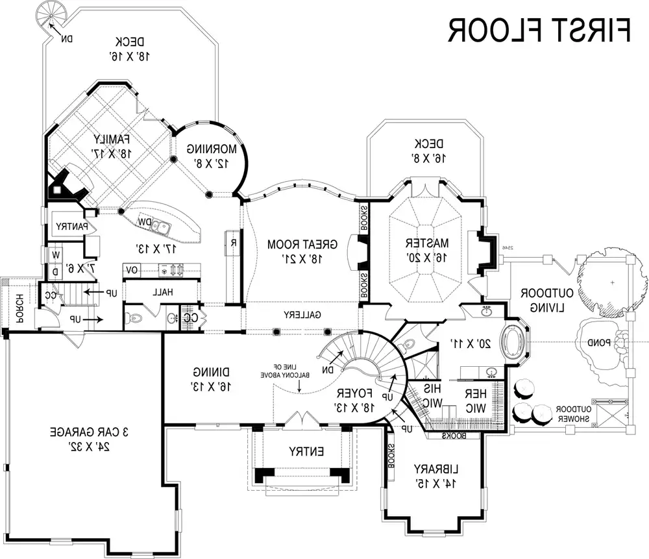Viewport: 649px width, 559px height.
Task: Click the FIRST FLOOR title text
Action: click(x=539, y=30)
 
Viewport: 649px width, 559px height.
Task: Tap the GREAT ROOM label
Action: click(x=302, y=244)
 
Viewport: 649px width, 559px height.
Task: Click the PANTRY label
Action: click(x=68, y=227)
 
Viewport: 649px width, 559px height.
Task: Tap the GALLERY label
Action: click(x=299, y=315)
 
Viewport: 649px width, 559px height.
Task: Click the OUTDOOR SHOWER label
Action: click(x=573, y=414)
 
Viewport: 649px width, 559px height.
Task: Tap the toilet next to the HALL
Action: click(x=135, y=318)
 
